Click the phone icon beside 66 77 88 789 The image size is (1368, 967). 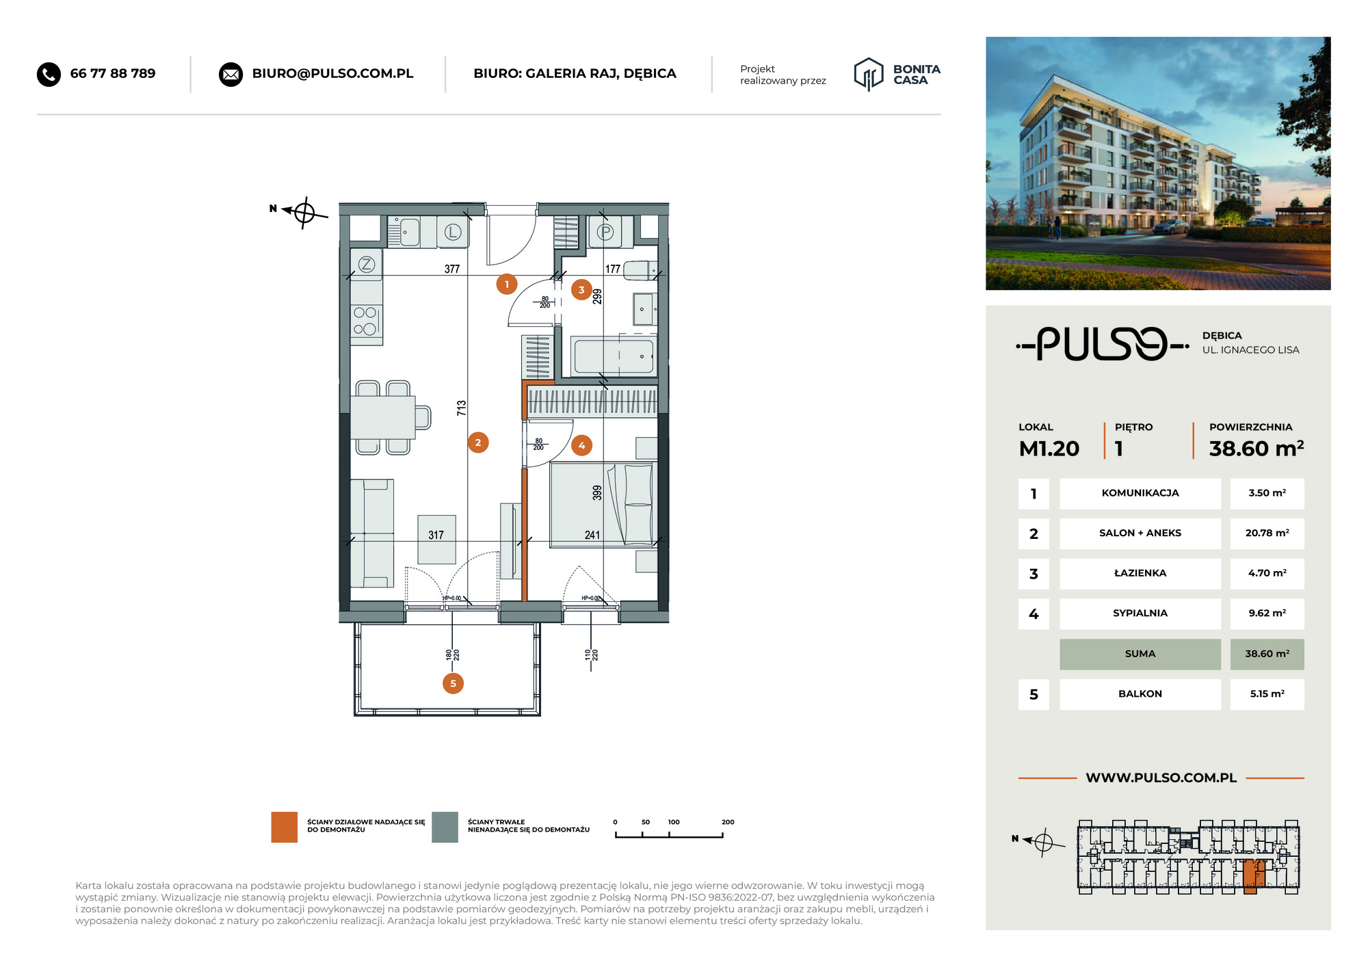coord(49,75)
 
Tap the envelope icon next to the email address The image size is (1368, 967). coord(231,75)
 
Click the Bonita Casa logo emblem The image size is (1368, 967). coord(868,75)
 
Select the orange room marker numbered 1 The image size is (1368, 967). coord(507,284)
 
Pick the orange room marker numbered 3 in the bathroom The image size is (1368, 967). coord(581,290)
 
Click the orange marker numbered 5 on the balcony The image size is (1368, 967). coord(453,683)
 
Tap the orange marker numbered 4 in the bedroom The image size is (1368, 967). coord(581,445)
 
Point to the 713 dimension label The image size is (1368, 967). coord(462,408)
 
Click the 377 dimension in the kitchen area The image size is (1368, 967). coord(452,269)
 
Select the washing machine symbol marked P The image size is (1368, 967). coord(605,233)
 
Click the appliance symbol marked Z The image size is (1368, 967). coord(367,264)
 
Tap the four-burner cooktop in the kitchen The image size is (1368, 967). coord(366,321)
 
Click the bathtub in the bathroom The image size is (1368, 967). coord(614,356)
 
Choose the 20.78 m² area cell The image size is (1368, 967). coord(1267,533)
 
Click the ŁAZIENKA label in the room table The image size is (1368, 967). coord(1140,573)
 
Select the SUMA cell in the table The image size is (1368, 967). coord(1140,654)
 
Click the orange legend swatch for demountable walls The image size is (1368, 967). coord(285,827)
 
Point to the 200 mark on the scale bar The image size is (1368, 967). coord(728,822)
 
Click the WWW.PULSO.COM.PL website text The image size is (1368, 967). coord(1161,778)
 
